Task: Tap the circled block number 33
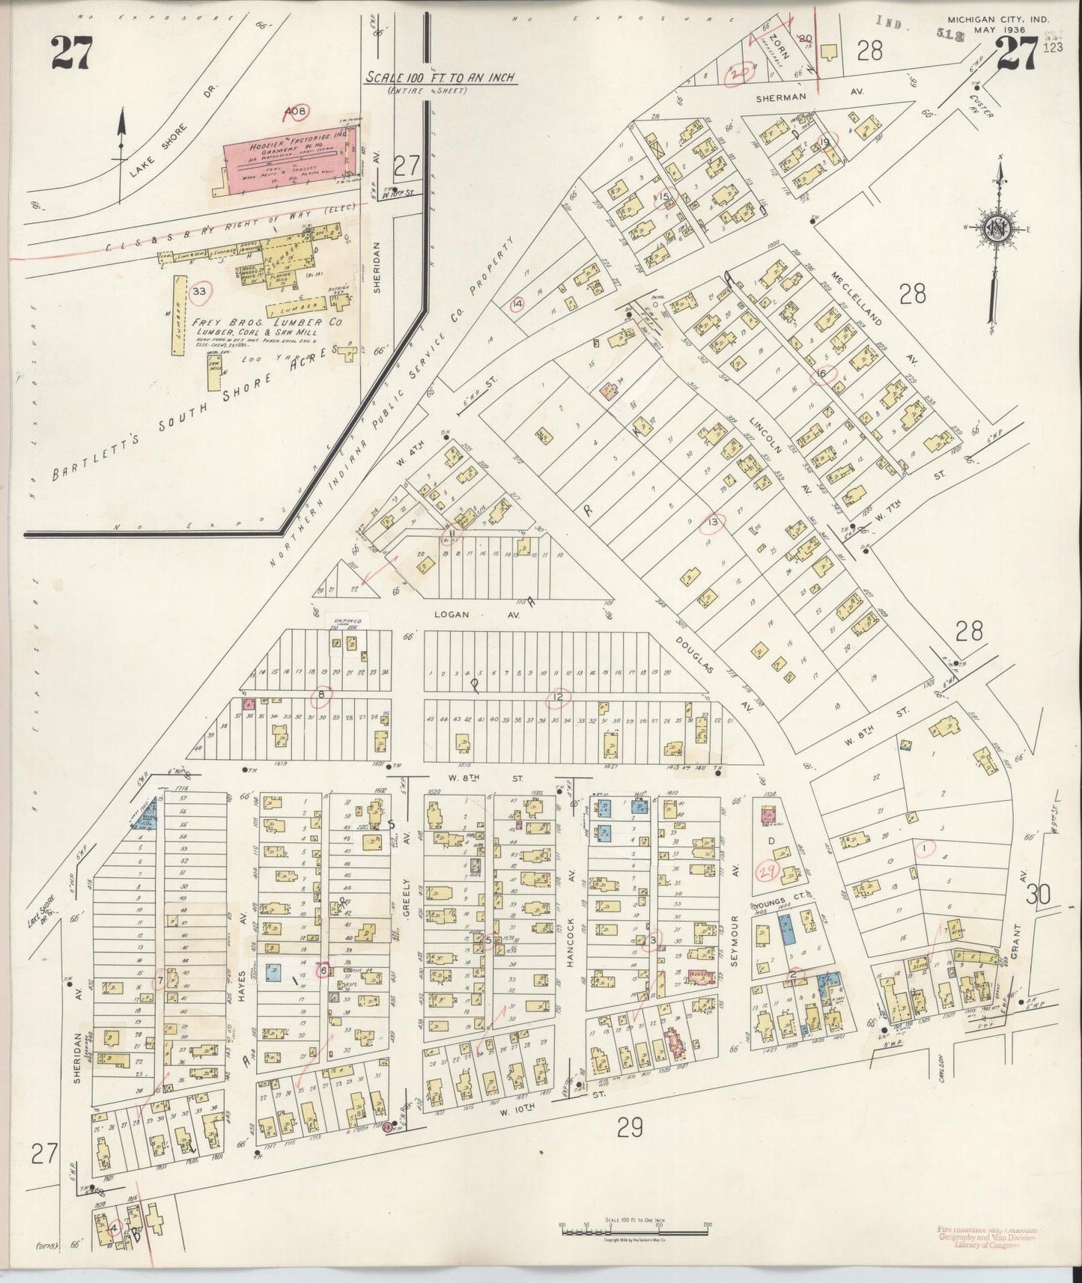coord(198,292)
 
